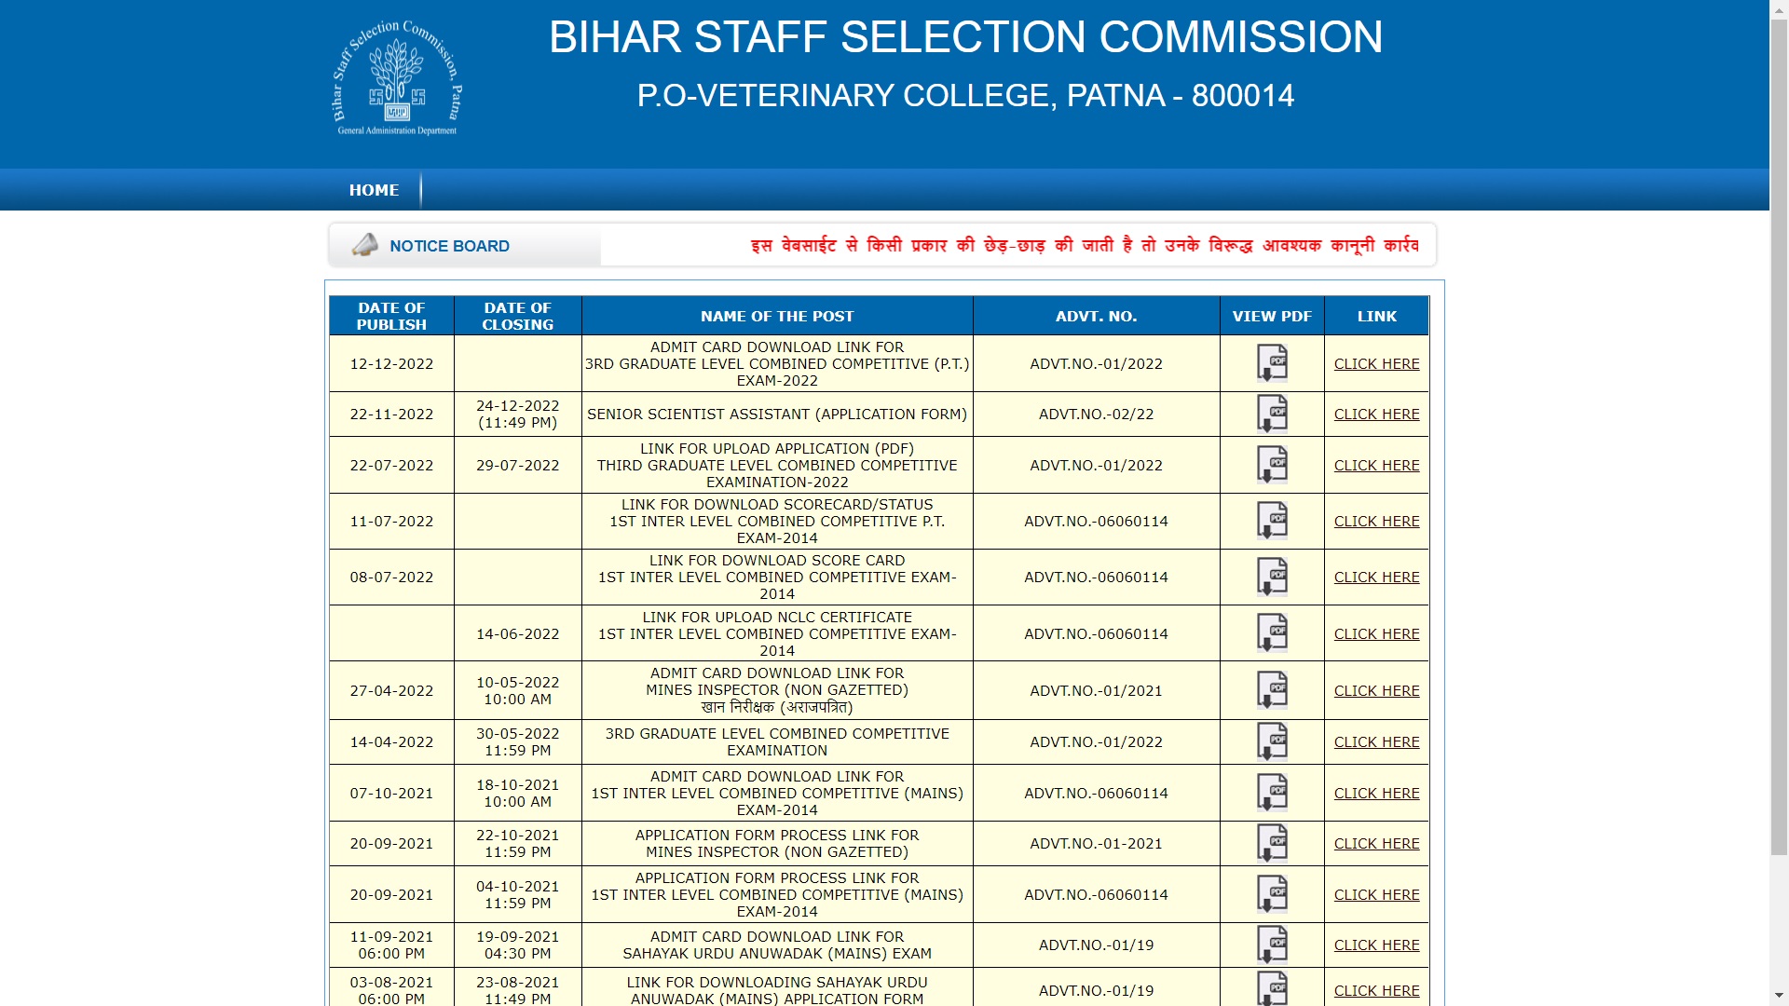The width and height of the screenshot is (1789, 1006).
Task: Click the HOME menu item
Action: click(374, 190)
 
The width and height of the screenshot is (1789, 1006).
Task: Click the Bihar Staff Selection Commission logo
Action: click(398, 79)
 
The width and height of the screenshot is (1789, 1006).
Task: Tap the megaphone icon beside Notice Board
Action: click(365, 245)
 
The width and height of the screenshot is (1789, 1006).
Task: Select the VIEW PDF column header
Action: click(1272, 316)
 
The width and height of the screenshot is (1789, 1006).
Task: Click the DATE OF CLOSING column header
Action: click(517, 316)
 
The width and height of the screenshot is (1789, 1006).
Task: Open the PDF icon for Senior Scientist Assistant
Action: click(1272, 414)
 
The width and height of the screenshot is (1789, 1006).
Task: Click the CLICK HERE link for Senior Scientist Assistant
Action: click(1376, 415)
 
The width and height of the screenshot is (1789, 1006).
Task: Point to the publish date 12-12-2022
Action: click(391, 364)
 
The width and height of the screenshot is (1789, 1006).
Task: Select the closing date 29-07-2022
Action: click(517, 466)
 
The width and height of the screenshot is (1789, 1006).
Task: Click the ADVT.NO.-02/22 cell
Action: click(1096, 415)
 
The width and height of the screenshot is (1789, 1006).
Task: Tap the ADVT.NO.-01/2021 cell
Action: click(1096, 691)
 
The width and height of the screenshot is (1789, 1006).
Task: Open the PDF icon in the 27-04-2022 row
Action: click(1272, 690)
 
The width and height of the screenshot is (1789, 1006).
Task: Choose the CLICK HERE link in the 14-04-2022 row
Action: click(1376, 742)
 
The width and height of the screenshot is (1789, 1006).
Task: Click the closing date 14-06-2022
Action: click(517, 634)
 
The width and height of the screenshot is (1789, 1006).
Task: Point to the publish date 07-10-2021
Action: click(391, 794)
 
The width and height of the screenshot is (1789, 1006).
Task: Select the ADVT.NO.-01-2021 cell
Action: click(1096, 844)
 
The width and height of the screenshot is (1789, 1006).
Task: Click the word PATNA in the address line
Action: click(1115, 96)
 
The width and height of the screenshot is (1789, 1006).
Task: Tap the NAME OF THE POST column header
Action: click(777, 317)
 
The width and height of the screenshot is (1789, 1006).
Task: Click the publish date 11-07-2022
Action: click(391, 522)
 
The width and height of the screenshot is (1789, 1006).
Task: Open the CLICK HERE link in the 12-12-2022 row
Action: click(1376, 364)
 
